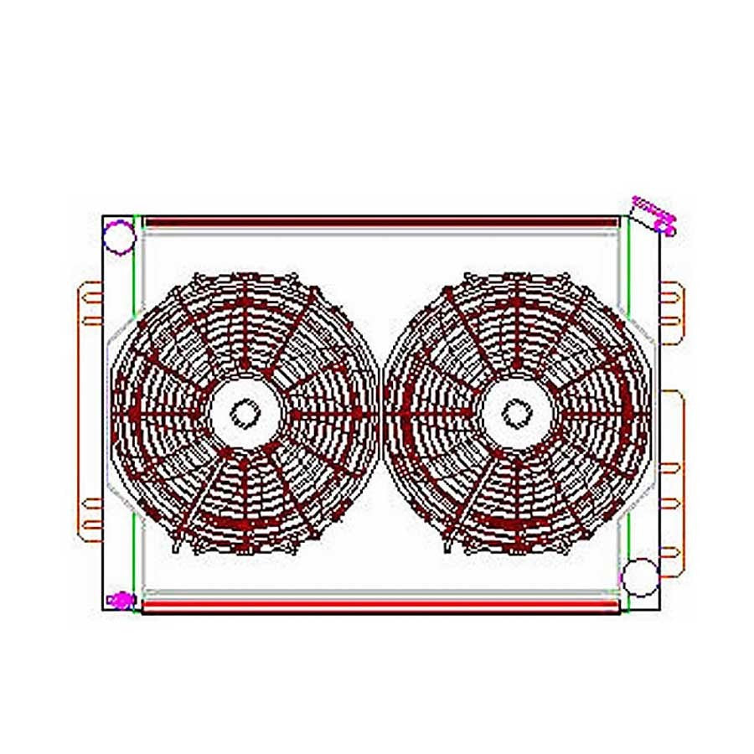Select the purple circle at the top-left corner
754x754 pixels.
coord(119,236)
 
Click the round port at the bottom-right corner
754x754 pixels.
coord(642,576)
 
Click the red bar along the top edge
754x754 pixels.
coord(381,223)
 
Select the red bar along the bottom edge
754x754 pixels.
coord(381,605)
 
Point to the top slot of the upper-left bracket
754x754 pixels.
coord(90,289)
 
